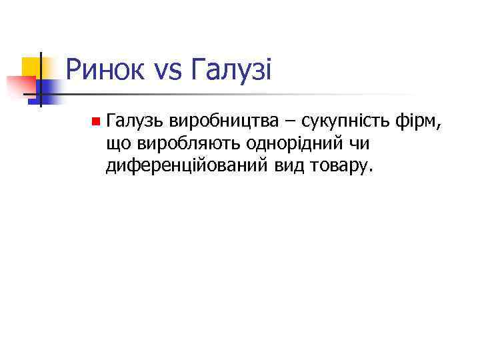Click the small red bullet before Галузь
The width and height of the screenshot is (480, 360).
[96, 121]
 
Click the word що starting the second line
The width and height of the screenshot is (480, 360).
[117, 144]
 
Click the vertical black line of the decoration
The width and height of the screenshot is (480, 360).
[41, 80]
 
